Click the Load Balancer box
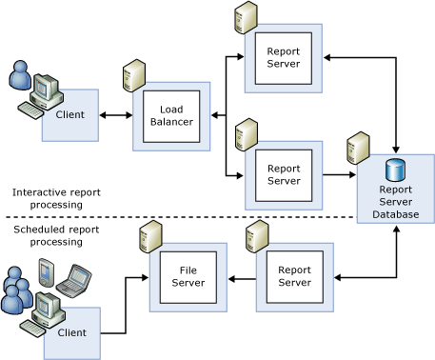[x=171, y=116]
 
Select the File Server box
[x=188, y=277]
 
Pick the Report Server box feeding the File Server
[x=294, y=277]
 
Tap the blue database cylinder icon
[x=395, y=171]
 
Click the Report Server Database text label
[x=395, y=202]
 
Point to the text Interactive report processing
[x=56, y=198]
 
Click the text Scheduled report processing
[x=56, y=235]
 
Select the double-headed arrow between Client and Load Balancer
[x=115, y=115]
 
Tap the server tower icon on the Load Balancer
[x=133, y=76]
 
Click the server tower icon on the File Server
[x=148, y=235]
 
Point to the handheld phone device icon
[x=43, y=276]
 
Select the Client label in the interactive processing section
[x=69, y=115]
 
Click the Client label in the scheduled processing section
[x=71, y=332]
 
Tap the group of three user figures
[x=16, y=289]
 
